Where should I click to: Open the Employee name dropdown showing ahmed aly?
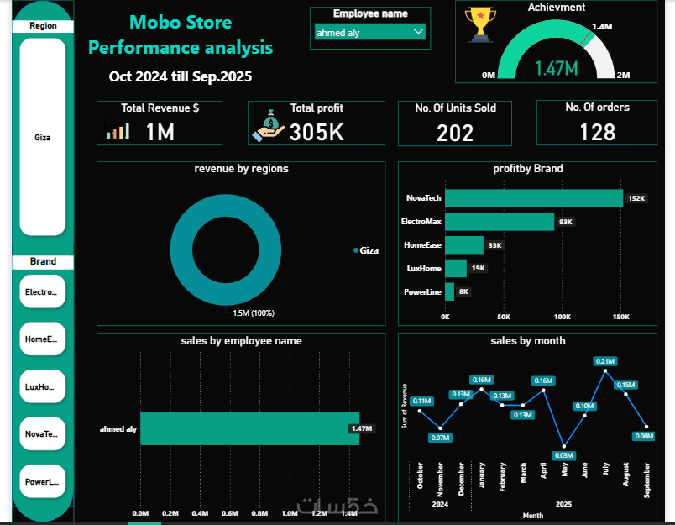pos(369,32)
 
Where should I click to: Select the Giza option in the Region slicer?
pos(43,137)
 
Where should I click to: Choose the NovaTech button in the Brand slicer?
pos(43,433)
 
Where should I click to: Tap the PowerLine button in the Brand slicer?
pos(43,482)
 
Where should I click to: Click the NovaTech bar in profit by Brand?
pos(533,198)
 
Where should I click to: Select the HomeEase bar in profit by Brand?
pos(464,245)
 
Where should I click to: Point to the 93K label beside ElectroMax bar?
pos(566,222)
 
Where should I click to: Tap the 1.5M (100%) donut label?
pos(254,312)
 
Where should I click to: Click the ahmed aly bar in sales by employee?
pos(249,428)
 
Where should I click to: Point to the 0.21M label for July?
pos(604,361)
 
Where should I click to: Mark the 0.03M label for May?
pos(564,455)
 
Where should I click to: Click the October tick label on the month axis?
pos(420,475)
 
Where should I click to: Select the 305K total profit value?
pos(317,132)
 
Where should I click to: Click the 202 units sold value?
pos(455,133)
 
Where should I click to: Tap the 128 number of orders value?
pos(597,132)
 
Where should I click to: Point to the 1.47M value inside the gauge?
pos(556,68)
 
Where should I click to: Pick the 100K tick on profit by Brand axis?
pos(562,318)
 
